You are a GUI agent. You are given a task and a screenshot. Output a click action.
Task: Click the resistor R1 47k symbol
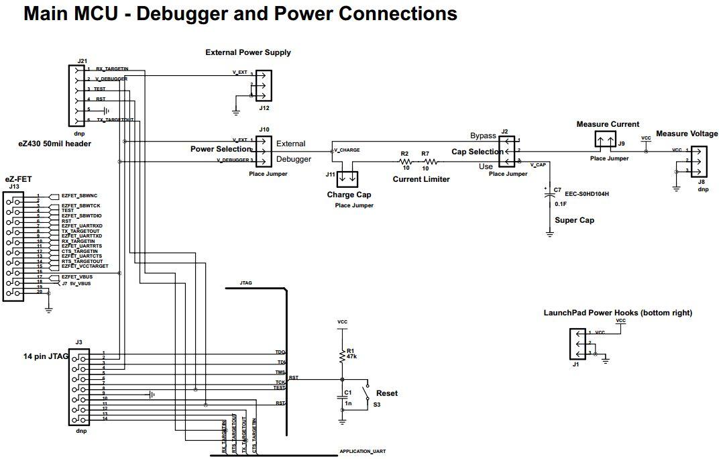[342, 356]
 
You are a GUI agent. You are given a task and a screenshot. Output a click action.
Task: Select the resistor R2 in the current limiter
[405, 162]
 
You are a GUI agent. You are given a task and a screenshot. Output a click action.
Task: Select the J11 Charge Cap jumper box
[346, 179]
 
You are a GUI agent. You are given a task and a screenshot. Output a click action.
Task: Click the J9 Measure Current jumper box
[606, 140]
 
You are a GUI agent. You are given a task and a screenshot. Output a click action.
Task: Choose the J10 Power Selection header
[262, 150]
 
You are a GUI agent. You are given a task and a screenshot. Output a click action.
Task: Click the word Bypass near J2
[483, 136]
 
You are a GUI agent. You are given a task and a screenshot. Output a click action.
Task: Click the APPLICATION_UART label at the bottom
[362, 452]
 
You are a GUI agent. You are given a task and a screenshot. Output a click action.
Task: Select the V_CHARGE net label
[347, 150]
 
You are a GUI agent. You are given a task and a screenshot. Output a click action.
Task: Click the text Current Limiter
[421, 179]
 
